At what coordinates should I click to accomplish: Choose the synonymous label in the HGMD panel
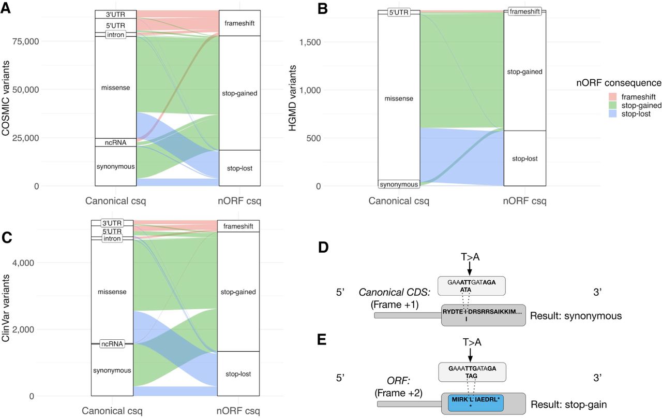tap(398, 184)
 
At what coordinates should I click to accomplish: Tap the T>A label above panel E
tap(470, 344)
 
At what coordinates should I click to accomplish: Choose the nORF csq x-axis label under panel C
tap(238, 411)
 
